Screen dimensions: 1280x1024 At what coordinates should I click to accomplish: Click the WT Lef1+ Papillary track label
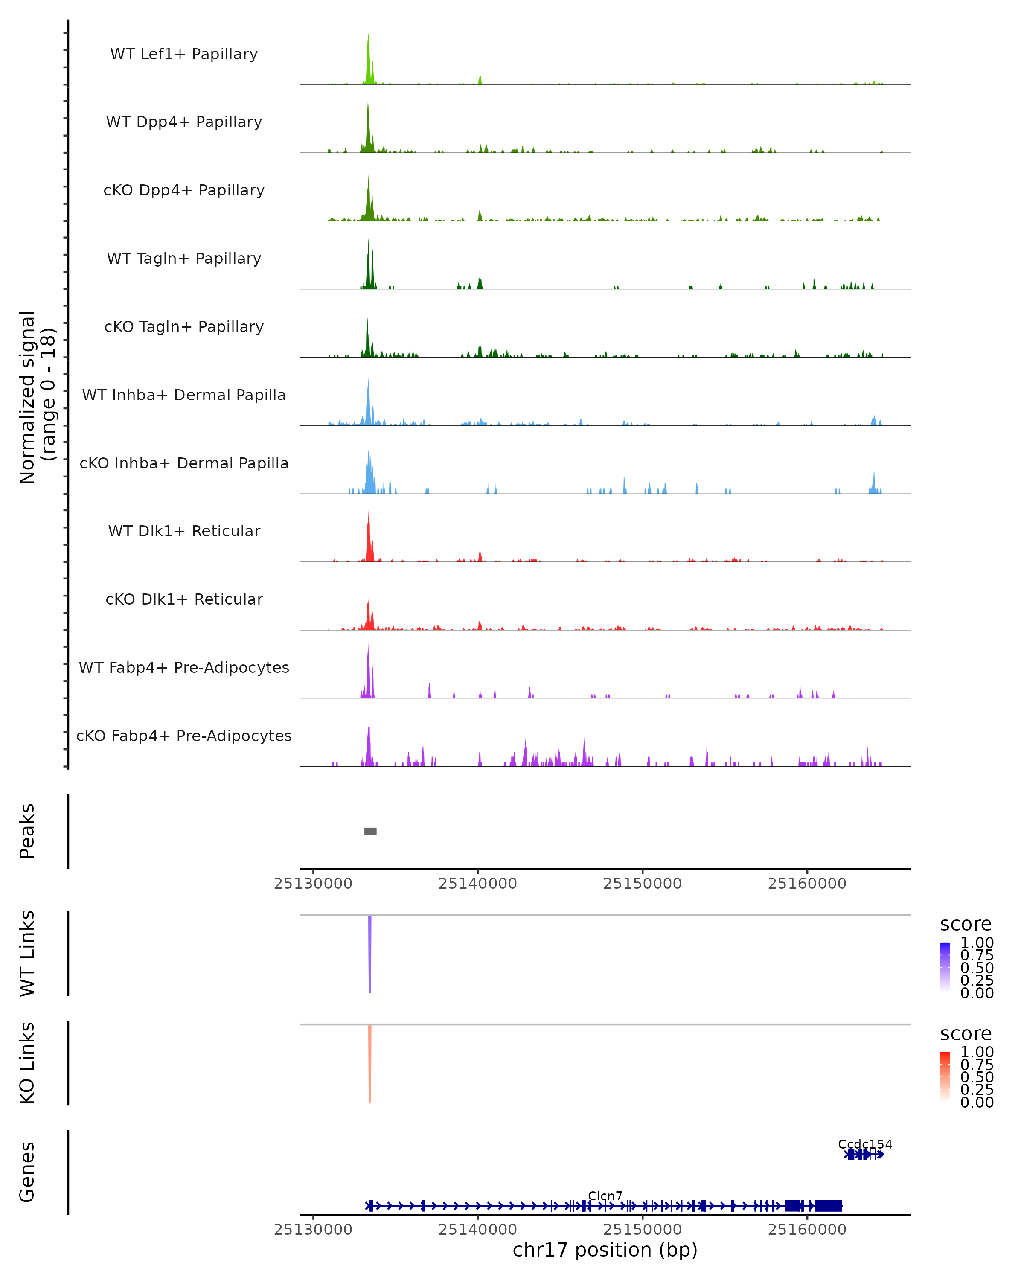(x=184, y=54)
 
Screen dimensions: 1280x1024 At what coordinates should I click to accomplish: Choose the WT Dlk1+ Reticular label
(x=184, y=531)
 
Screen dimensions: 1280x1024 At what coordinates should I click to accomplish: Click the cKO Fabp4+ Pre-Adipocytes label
(x=184, y=736)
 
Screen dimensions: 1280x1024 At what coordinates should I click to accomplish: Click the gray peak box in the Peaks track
(x=370, y=831)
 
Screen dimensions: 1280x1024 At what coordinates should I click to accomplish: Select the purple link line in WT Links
(x=370, y=953)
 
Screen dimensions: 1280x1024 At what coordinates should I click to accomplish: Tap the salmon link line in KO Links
(x=370, y=1063)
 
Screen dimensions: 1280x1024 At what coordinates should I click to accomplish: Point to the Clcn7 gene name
(x=605, y=1196)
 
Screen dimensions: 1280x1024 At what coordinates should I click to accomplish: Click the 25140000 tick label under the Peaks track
(x=477, y=884)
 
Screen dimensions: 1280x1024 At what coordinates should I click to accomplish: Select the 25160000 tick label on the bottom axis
(x=807, y=1230)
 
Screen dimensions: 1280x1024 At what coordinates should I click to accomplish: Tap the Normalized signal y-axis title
(x=37, y=397)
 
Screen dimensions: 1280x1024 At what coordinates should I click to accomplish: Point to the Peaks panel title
(x=27, y=831)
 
